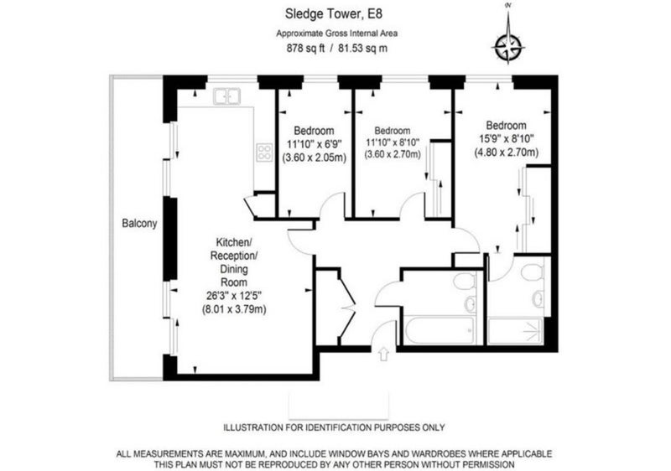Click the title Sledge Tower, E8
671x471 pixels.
pos(333,14)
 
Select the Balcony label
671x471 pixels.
pos(139,224)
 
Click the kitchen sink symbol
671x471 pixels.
pos(226,96)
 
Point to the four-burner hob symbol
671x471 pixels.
pos(264,153)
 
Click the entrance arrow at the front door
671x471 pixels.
pos(384,354)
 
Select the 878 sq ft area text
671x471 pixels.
pos(305,49)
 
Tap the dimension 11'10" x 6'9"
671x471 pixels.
pos(314,144)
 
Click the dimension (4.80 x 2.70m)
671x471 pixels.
pos(506,153)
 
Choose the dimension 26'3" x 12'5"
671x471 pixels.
pos(234,295)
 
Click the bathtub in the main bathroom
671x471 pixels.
pos(439,329)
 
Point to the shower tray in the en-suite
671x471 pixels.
pos(515,330)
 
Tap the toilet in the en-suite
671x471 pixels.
pos(532,272)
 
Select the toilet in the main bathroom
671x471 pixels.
pos(464,282)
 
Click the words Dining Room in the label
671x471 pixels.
pos(234,276)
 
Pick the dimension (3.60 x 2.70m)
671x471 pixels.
pos(393,154)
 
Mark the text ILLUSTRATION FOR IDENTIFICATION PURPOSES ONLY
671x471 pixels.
pos(334,427)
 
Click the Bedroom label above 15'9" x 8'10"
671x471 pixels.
pos(506,126)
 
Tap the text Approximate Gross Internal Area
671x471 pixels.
pos(337,34)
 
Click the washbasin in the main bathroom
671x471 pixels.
pos(470,303)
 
